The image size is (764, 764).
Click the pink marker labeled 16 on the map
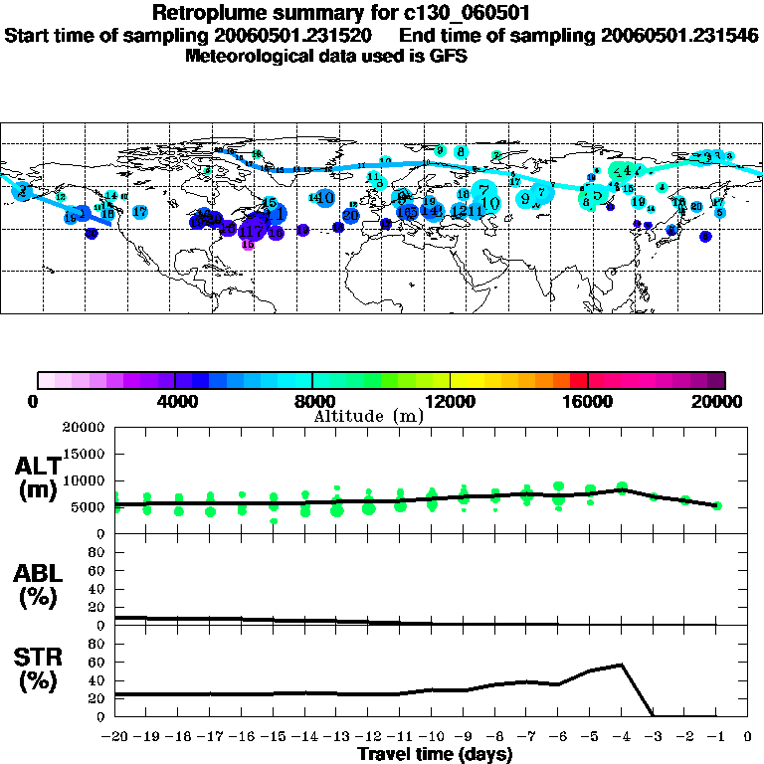coord(248,244)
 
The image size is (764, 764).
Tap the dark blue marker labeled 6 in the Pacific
coord(705,237)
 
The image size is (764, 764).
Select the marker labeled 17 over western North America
coord(140,212)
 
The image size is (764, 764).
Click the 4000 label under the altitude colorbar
coord(175,402)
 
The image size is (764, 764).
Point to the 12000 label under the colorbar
coord(451,402)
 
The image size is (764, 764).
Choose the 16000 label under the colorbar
coord(588,402)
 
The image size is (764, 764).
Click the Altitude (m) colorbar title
coord(368,416)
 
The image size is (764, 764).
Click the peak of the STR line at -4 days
coord(622,664)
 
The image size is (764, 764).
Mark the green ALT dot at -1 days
coord(717,505)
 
